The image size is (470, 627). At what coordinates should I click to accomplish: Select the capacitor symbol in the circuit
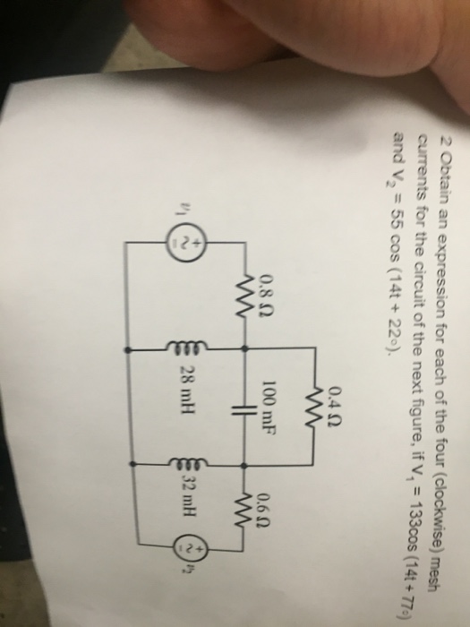pyautogui.click(x=244, y=408)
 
